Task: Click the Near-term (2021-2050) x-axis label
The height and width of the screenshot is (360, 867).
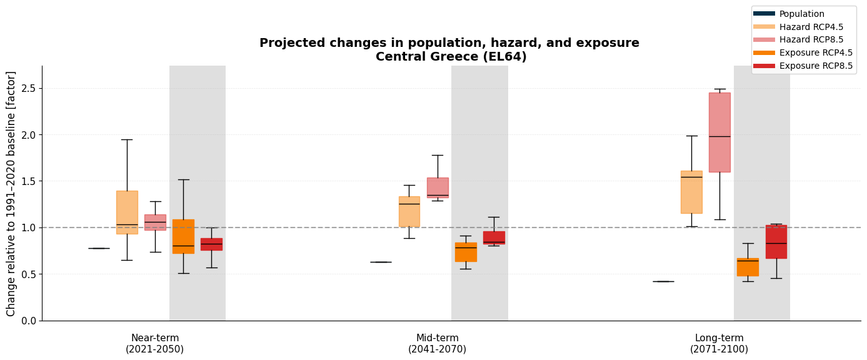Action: tap(155, 344)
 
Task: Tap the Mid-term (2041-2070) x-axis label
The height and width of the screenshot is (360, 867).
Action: tap(438, 344)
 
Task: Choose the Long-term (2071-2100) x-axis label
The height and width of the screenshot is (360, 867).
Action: tap(719, 344)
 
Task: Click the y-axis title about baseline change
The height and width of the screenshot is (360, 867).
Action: tap(12, 194)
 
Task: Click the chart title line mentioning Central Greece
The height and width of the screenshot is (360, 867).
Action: tap(451, 57)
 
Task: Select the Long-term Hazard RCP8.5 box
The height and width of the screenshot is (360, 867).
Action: tap(719, 132)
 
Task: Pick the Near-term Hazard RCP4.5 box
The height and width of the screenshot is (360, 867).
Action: tap(127, 212)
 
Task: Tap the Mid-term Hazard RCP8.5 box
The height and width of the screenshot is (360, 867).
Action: tap(438, 187)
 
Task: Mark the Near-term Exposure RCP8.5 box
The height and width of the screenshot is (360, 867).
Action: tap(211, 244)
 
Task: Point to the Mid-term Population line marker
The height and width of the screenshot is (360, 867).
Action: tap(381, 262)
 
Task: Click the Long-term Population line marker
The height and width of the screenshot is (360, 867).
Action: tap(663, 281)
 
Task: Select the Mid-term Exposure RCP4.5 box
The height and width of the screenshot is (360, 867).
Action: tap(466, 252)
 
